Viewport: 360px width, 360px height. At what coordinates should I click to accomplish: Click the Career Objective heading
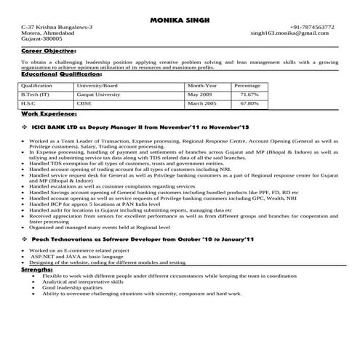[x=48, y=52]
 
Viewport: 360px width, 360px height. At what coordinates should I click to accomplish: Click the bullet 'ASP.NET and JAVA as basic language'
[x=76, y=257]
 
